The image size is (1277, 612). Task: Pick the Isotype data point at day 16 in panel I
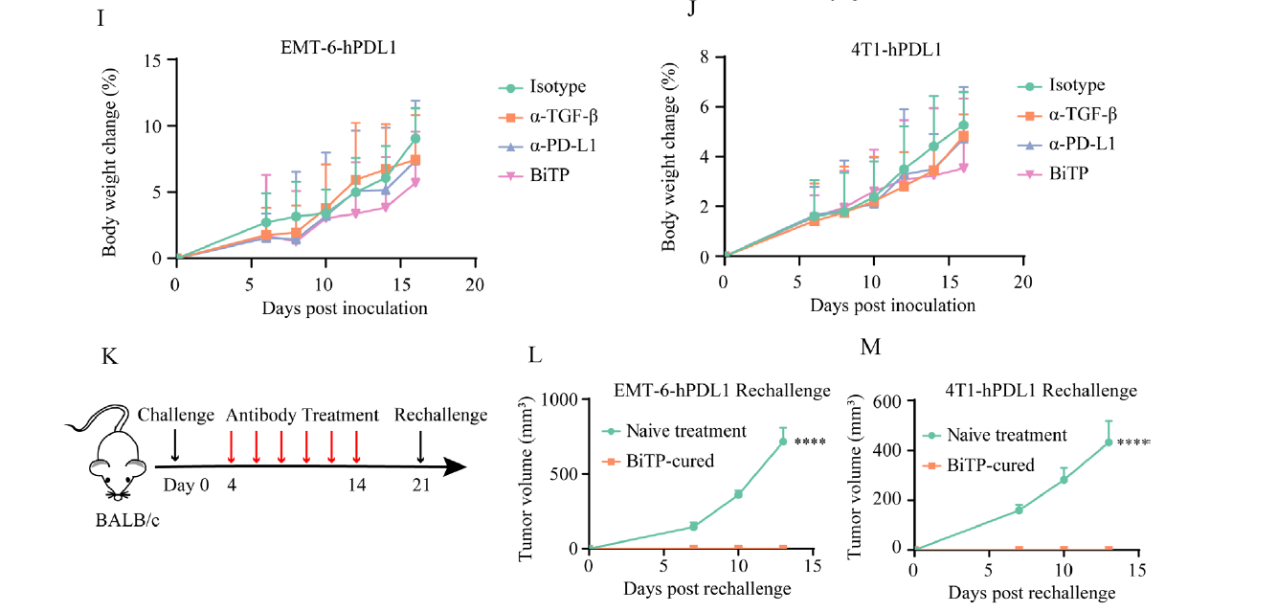click(x=416, y=138)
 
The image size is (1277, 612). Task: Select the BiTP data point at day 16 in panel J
click(x=964, y=168)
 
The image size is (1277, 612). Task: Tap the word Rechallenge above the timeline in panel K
click(x=440, y=416)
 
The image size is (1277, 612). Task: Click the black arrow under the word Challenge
click(x=174, y=446)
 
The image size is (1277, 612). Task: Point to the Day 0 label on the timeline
click(x=186, y=484)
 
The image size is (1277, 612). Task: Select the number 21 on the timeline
click(x=421, y=485)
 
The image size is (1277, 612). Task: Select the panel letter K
click(x=110, y=356)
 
